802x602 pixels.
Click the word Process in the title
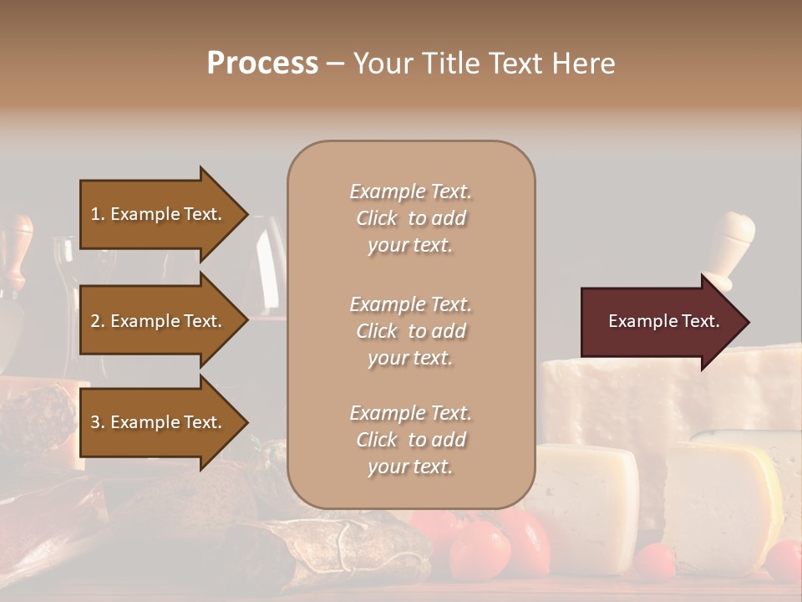[x=262, y=64]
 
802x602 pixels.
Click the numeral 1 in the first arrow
[x=95, y=214]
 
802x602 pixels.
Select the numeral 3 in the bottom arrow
[x=95, y=422]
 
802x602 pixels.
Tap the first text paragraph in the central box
[x=410, y=218]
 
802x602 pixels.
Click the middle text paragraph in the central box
[x=410, y=331]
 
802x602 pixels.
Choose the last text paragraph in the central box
[x=410, y=440]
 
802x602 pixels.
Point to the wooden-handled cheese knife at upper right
[x=728, y=242]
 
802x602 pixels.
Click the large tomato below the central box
[x=480, y=548]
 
